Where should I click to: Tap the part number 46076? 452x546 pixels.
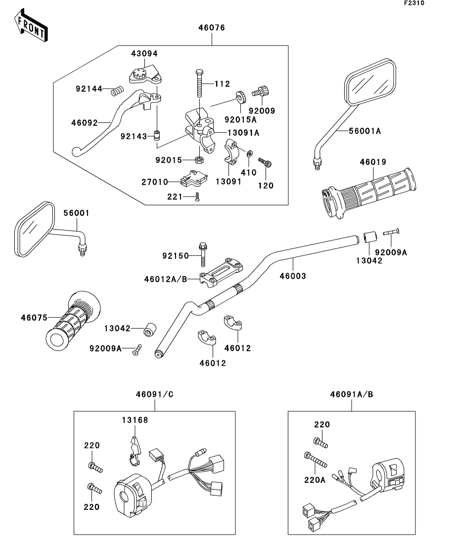(x=212, y=28)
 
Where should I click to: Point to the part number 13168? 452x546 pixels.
(x=135, y=420)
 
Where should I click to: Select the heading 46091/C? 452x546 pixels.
(x=154, y=395)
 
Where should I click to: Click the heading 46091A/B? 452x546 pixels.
(x=352, y=395)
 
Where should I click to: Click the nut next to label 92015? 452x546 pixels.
(x=200, y=160)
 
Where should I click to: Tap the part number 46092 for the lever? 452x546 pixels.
(x=84, y=122)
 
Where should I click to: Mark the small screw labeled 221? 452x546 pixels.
(x=197, y=197)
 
